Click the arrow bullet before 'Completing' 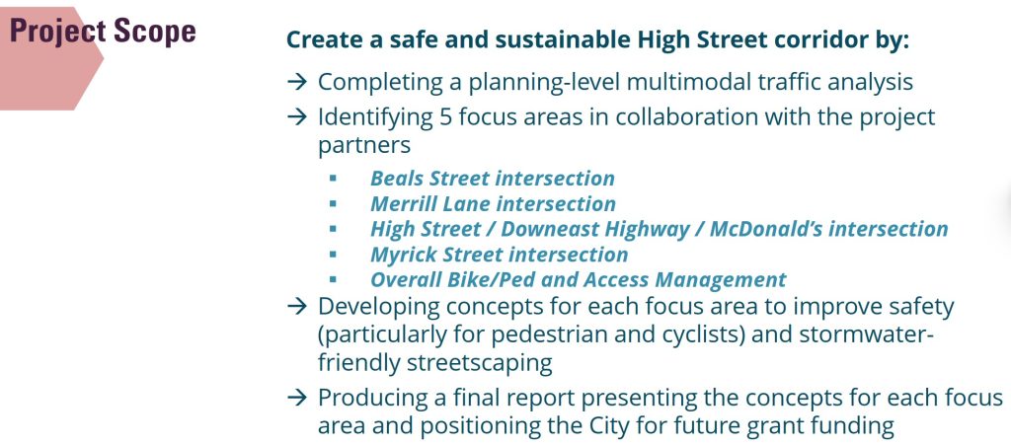tap(296, 82)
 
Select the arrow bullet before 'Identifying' tap(296, 116)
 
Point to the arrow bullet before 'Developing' tap(296, 307)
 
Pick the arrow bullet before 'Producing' tap(296, 398)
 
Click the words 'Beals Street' tap(432, 179)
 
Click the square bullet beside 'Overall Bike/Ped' tap(333, 279)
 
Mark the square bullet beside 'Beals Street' tap(333, 178)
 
